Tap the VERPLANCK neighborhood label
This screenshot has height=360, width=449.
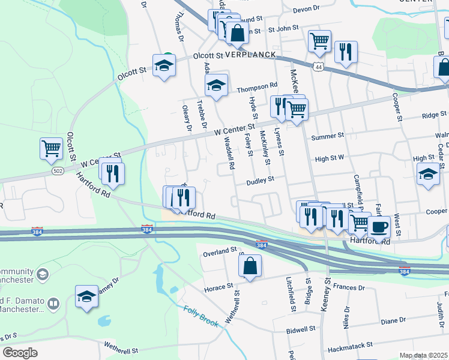click(x=250, y=55)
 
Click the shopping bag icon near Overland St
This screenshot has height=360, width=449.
click(x=250, y=267)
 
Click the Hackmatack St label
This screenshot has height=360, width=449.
click(x=349, y=346)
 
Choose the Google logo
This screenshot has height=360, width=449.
click(x=20, y=352)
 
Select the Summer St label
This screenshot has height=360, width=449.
click(x=327, y=137)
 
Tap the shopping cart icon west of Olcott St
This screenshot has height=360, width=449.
click(x=51, y=148)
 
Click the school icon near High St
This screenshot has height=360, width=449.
click(x=427, y=175)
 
